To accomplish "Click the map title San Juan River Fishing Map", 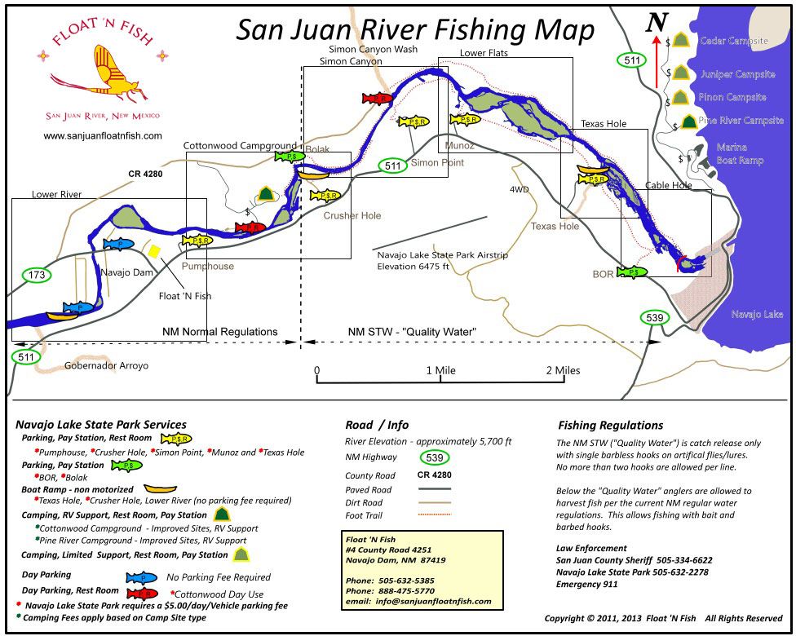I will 415,29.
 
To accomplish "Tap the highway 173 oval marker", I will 37,275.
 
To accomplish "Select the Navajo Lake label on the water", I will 757,314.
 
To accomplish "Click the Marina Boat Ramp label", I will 740,154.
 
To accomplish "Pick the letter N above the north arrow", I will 657,23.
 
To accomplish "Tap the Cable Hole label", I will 668,185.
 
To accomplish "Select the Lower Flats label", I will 484,54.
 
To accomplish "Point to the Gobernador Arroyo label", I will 106,366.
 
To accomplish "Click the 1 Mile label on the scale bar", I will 440,370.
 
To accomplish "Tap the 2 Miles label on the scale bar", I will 562,370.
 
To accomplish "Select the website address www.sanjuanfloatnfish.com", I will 103,136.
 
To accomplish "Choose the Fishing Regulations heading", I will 610,425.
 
